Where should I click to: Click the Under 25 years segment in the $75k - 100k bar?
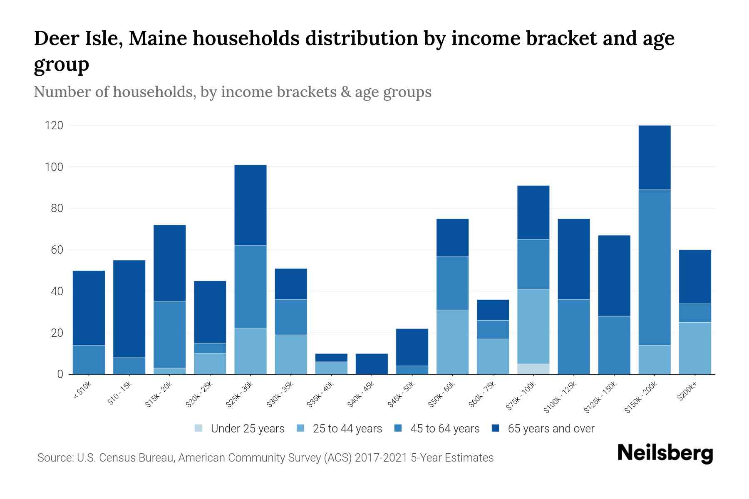(x=533, y=369)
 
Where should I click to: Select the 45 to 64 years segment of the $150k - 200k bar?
(x=655, y=267)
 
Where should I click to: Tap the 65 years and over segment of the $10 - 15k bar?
(x=129, y=309)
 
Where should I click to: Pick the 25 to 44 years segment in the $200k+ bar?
(x=695, y=348)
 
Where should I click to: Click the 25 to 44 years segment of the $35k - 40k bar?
(x=331, y=368)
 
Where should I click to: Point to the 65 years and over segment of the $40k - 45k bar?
(x=372, y=364)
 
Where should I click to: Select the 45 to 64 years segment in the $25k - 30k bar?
(x=250, y=287)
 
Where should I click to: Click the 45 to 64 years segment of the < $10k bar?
(x=89, y=360)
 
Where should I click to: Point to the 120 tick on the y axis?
(x=54, y=125)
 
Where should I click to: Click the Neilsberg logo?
(x=665, y=453)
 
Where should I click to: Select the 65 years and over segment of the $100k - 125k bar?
(x=573, y=259)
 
